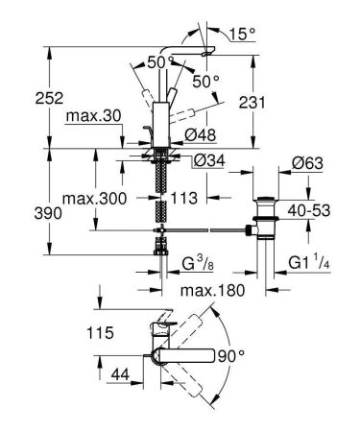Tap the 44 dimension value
pyautogui.click(x=120, y=374)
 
